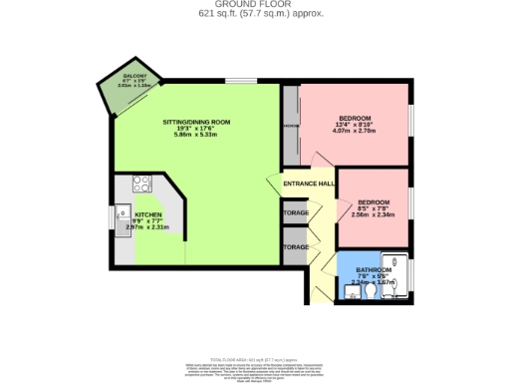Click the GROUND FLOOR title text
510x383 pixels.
(x=254, y=4)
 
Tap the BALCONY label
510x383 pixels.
(x=134, y=76)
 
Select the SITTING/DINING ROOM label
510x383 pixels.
(x=196, y=122)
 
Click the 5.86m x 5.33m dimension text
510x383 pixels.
(x=196, y=136)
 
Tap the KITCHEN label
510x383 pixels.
(x=148, y=214)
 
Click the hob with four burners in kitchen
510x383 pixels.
(x=140, y=185)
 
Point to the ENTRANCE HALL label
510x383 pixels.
(x=307, y=185)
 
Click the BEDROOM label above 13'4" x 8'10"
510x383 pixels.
(x=355, y=116)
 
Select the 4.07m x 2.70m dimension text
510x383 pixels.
(x=355, y=130)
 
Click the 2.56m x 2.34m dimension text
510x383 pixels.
(x=375, y=213)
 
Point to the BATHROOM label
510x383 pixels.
(x=374, y=269)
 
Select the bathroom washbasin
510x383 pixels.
(x=350, y=292)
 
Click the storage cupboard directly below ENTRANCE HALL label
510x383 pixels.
(x=295, y=213)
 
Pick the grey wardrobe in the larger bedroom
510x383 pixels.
(x=290, y=127)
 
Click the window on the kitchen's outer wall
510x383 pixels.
(x=112, y=217)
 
